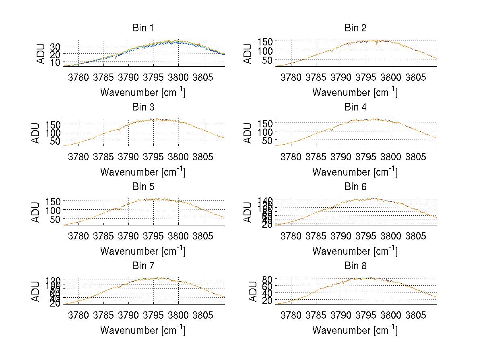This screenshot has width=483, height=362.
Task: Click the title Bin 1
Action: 143,28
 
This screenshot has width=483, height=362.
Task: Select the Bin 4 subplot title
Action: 355,107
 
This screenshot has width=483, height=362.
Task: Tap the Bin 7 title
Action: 143,266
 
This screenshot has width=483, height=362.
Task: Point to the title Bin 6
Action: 355,187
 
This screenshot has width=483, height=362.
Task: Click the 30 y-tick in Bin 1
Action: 55,46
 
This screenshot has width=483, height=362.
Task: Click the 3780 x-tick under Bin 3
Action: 78,156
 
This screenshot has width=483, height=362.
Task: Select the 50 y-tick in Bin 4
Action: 268,141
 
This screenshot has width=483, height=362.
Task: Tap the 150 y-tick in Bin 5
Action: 53,201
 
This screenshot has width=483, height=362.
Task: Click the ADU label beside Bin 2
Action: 248,53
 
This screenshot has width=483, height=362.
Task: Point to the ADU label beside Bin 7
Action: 36,291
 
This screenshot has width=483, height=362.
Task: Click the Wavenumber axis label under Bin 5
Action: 143,251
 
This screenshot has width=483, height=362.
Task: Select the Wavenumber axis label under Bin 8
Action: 355,330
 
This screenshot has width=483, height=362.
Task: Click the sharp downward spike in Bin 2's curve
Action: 377,46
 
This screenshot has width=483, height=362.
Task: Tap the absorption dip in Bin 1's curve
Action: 116,58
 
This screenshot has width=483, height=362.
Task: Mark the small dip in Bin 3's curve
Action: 119,131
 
